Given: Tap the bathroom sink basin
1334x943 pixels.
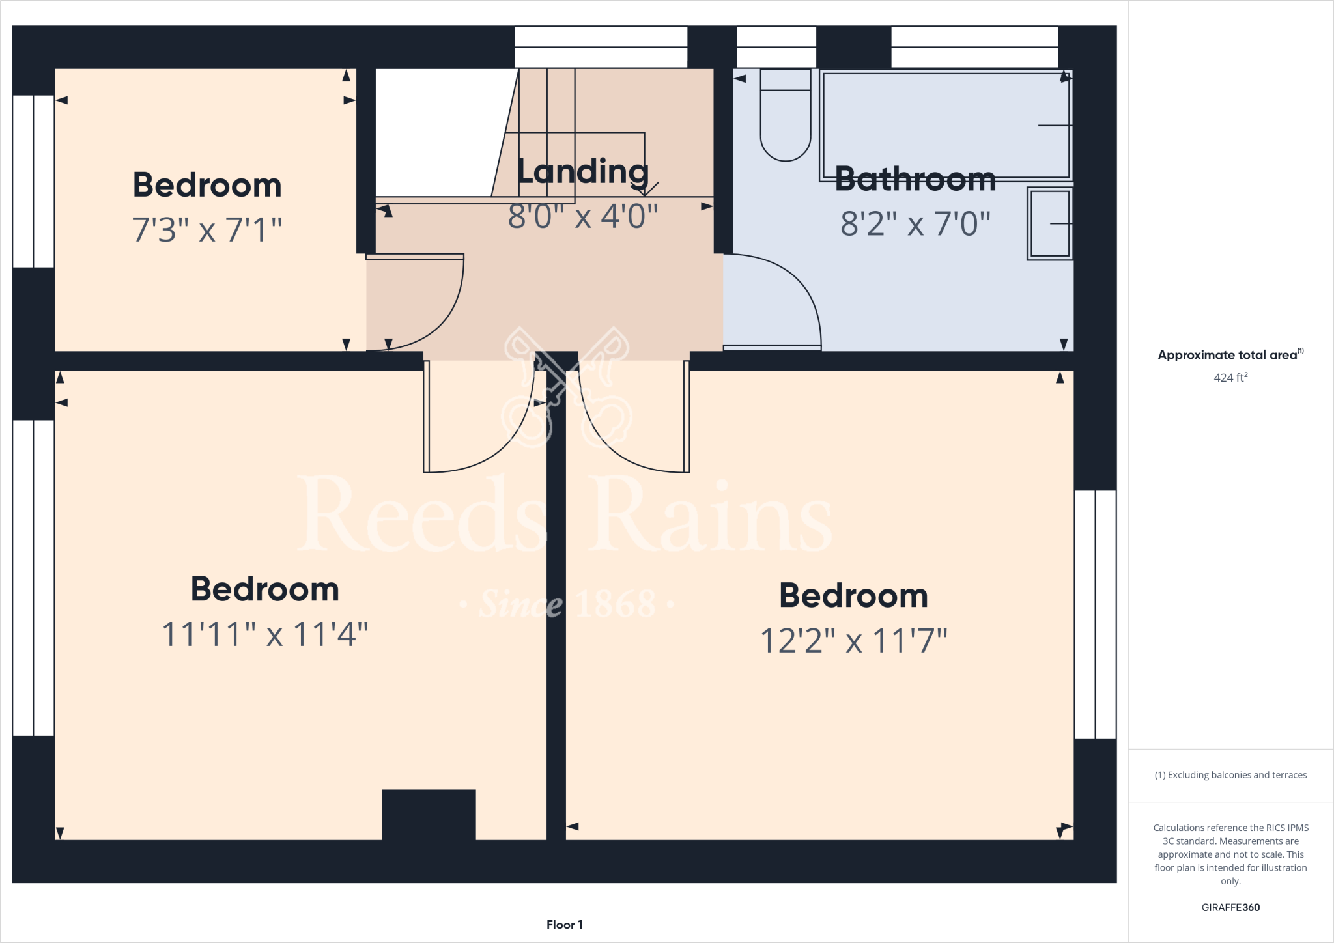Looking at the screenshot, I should [x=1049, y=223].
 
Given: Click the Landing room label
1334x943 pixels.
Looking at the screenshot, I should [x=583, y=172].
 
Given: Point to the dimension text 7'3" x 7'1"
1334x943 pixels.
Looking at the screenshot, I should [x=207, y=230].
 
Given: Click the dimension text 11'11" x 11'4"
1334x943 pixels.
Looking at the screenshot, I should [x=264, y=634].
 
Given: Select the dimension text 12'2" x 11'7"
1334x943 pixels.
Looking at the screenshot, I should [x=853, y=641].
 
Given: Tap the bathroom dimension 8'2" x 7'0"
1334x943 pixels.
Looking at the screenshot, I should [x=915, y=224].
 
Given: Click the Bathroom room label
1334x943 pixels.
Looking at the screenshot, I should [x=915, y=179].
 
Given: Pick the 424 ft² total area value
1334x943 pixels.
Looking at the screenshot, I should [x=1230, y=378].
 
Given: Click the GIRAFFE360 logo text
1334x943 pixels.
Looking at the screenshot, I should [x=1230, y=907].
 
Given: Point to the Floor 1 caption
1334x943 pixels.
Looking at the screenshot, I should [x=564, y=925].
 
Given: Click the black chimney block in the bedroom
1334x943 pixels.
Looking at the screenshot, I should [x=429, y=814].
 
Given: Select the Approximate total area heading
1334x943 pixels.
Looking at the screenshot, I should [x=1230, y=355].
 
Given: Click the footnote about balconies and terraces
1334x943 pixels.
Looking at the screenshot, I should [x=1230, y=775].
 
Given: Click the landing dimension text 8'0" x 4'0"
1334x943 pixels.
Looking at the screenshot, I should [x=583, y=217].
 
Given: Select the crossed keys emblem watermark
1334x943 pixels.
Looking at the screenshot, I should [x=567, y=387].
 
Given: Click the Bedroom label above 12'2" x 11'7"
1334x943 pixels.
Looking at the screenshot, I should [x=853, y=596].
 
